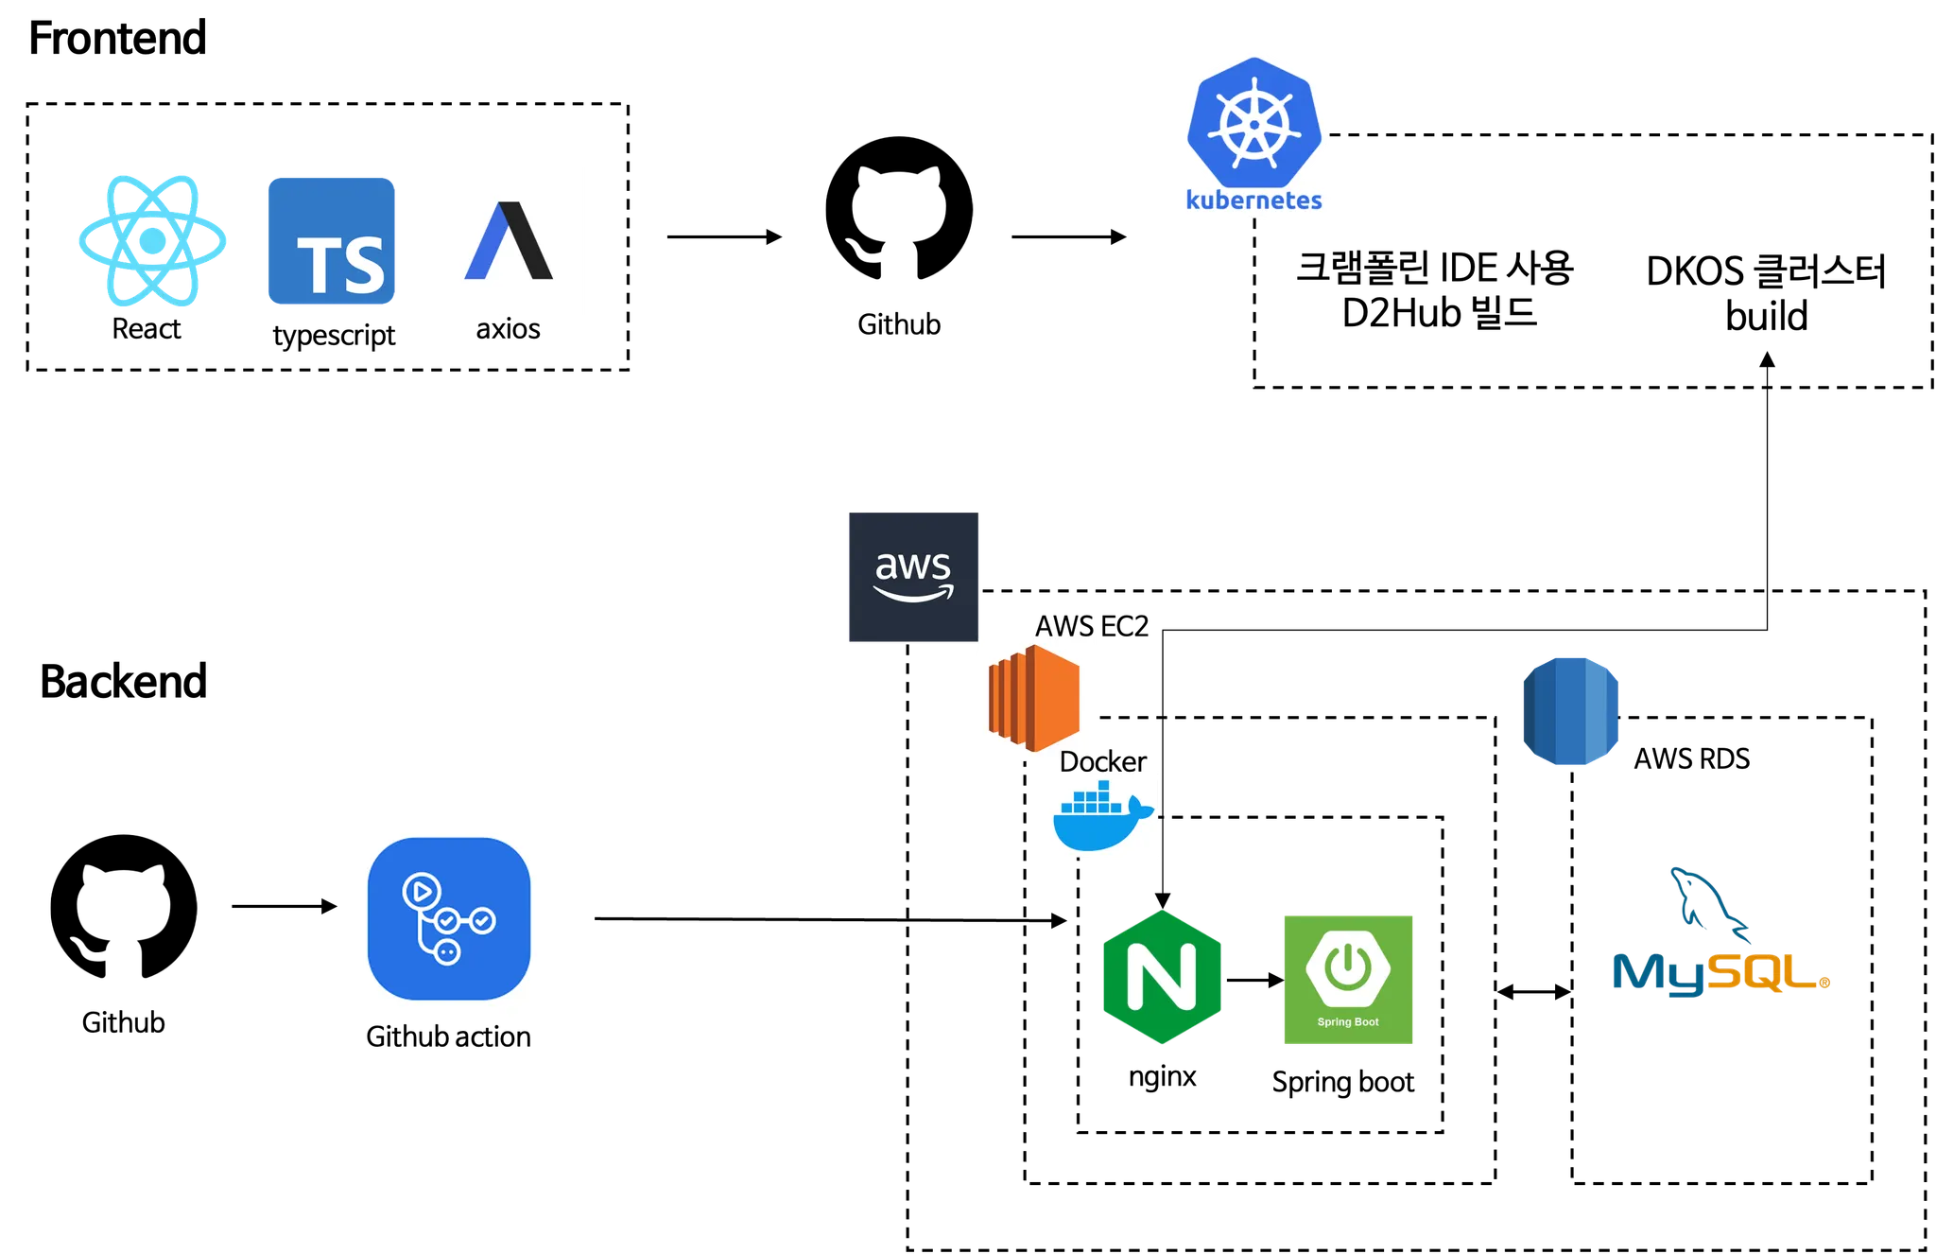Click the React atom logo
tap(153, 239)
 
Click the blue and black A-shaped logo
tap(510, 241)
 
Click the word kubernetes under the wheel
tap(1253, 200)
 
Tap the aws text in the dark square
tap(912, 566)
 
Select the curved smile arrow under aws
tap(913, 594)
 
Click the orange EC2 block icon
tap(1034, 698)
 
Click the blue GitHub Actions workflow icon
tap(449, 919)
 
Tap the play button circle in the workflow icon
tap(421, 890)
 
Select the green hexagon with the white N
tap(1162, 977)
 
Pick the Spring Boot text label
tap(1348, 1021)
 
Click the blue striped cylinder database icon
tap(1570, 709)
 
